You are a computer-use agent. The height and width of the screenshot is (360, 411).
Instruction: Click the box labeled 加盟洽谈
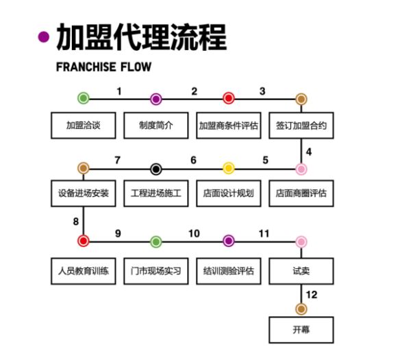tap(84, 125)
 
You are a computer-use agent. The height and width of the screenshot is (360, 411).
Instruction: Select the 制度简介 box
tap(155, 125)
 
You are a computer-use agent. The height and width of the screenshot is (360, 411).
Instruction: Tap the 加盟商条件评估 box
tap(228, 125)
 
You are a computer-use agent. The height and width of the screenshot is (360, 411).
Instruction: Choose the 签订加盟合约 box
tap(301, 125)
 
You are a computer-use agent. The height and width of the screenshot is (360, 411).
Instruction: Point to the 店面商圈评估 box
tap(301, 193)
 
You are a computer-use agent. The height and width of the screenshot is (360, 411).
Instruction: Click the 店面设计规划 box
tap(228, 193)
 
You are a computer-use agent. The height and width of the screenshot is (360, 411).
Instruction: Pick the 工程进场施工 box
tap(155, 193)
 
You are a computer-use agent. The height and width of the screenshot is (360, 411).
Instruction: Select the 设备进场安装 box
tap(84, 193)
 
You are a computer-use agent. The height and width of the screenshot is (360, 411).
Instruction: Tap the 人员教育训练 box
tap(84, 271)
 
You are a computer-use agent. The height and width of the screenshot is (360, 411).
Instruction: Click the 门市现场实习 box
tap(155, 271)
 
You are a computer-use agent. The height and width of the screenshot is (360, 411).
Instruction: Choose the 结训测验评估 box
tap(228, 271)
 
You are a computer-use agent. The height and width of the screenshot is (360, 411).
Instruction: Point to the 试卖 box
tap(301, 271)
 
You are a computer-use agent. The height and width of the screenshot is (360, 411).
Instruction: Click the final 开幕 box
tap(301, 329)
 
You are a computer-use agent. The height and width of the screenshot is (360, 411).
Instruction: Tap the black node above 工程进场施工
tap(156, 169)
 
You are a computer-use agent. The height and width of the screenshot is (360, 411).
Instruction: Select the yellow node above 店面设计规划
tap(228, 169)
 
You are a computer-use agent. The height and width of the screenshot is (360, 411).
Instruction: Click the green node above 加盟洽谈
tap(84, 99)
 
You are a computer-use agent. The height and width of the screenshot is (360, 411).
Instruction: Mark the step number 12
tap(312, 296)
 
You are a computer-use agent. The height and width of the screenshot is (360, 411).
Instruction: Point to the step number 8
tap(77, 221)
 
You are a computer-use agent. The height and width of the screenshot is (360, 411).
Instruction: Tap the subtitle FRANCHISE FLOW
tap(103, 67)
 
